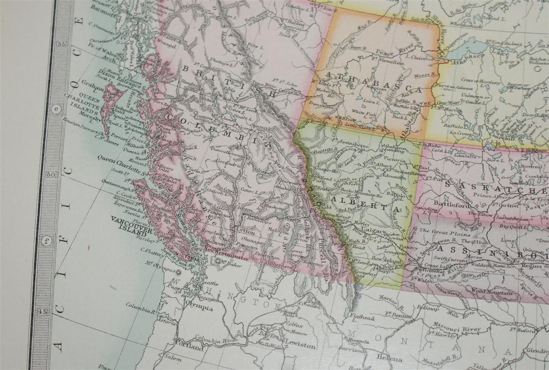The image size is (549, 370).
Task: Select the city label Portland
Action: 188,348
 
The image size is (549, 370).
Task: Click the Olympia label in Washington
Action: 199,308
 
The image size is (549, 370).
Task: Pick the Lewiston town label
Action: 300,346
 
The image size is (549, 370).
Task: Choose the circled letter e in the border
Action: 56,109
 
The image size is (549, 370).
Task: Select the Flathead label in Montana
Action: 362,317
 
